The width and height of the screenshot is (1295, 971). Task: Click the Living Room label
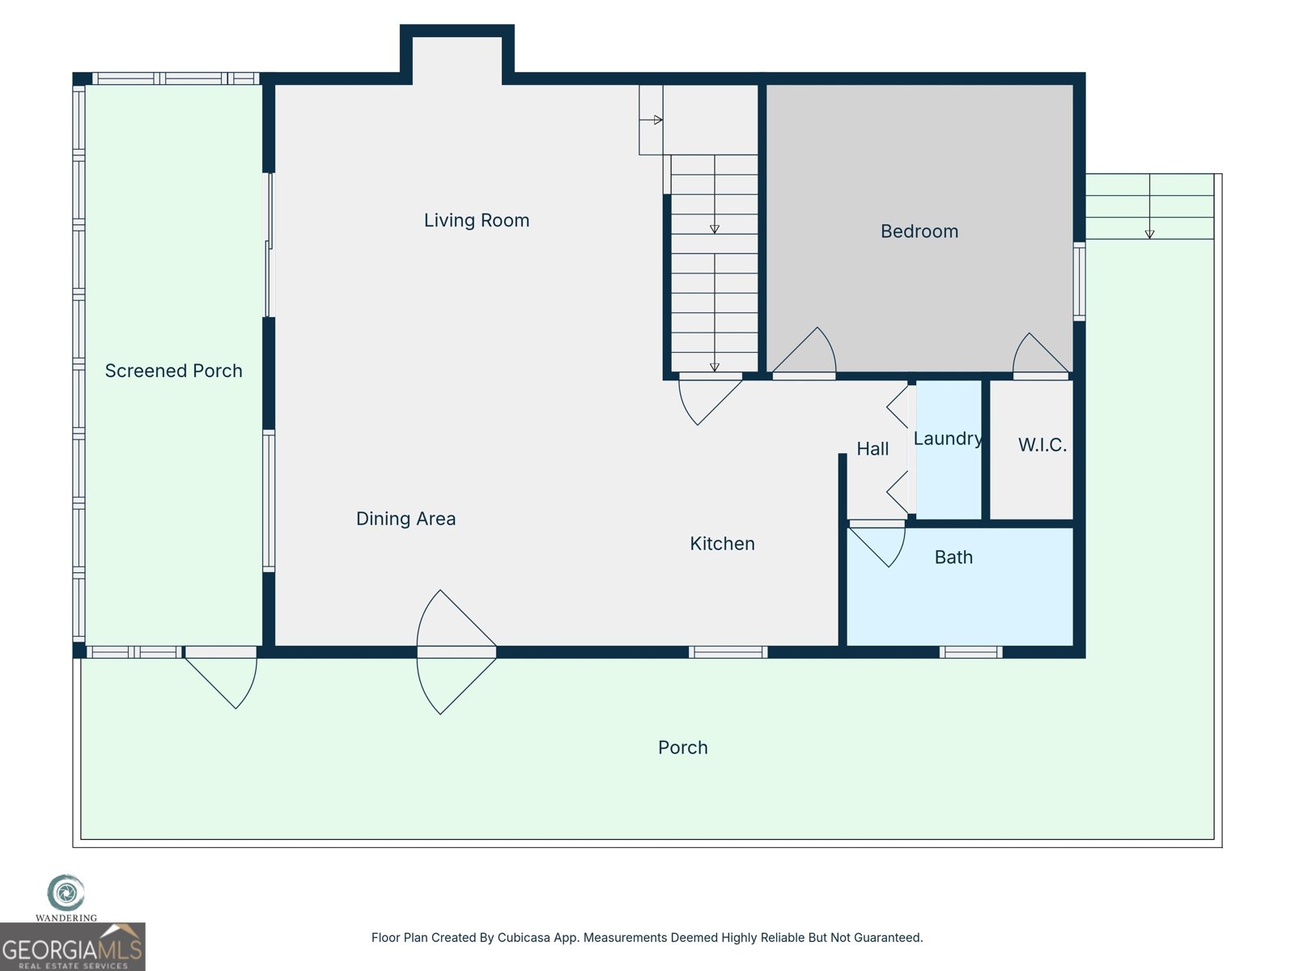tap(476, 220)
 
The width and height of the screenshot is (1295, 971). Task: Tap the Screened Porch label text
tap(173, 371)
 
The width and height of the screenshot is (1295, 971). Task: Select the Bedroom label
tap(919, 231)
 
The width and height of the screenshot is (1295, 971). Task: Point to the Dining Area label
tap(405, 519)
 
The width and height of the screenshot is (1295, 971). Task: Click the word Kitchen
tap(722, 544)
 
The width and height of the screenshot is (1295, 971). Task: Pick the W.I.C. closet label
tap(1042, 445)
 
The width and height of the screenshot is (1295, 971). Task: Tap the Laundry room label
tap(947, 439)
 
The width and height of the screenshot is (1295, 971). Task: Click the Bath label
tap(953, 558)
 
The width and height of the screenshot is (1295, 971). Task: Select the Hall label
tap(873, 449)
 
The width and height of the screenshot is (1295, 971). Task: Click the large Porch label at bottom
tap(682, 748)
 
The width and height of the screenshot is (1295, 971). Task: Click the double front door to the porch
tap(453, 652)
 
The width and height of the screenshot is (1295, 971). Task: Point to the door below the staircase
tap(708, 396)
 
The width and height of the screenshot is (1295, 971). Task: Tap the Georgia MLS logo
tap(72, 948)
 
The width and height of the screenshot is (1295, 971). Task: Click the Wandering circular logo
tap(66, 893)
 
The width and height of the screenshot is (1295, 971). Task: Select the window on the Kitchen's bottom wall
tap(728, 652)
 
